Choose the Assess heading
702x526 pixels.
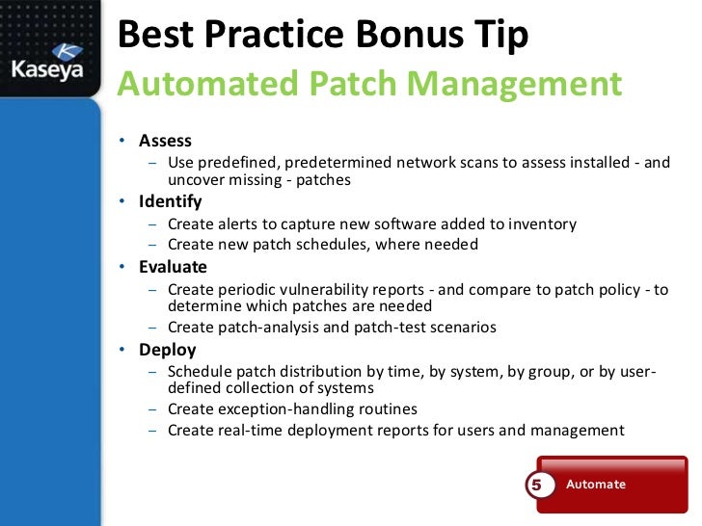[165, 141]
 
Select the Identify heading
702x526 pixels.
[171, 201]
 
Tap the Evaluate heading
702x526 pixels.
[173, 267]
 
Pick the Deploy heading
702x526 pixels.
[167, 349]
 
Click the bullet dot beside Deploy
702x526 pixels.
[122, 350]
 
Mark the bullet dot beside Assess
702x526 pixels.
[122, 142]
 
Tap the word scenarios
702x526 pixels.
[460, 327]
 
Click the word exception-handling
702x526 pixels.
[295, 408]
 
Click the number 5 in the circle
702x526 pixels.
[537, 485]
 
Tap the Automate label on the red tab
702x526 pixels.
[595, 484]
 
